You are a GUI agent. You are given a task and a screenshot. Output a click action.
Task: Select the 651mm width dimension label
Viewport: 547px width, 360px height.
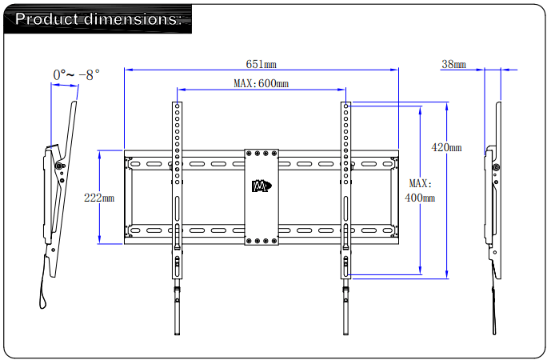tap(261, 64)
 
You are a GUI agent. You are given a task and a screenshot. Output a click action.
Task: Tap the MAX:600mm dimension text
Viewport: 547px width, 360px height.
tap(261, 83)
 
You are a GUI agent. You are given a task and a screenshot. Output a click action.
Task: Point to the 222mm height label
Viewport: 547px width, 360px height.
tap(99, 197)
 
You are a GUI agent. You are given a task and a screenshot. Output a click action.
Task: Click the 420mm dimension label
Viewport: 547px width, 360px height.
tap(446, 147)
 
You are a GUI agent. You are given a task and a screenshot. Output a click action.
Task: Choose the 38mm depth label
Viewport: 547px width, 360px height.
tap(453, 64)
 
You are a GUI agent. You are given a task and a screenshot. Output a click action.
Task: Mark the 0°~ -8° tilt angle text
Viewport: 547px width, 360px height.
tap(76, 74)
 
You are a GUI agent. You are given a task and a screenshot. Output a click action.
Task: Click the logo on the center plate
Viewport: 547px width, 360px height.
tap(262, 186)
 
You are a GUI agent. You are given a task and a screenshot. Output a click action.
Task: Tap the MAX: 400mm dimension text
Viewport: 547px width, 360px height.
tap(420, 190)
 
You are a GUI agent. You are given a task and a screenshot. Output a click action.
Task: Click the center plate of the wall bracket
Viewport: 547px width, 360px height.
tap(262, 196)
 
